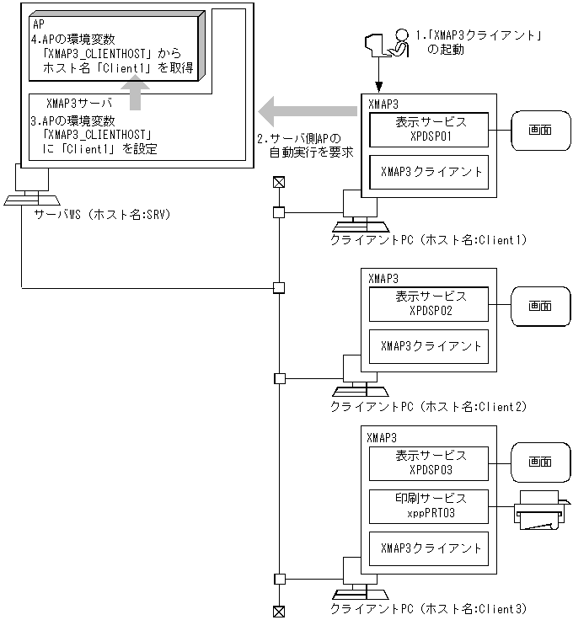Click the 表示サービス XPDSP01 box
click(x=430, y=128)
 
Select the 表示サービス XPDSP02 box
click(x=430, y=303)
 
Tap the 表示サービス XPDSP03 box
click(x=430, y=462)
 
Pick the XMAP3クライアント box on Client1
click(x=430, y=171)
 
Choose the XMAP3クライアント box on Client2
click(x=430, y=345)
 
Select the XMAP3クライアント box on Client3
click(x=430, y=548)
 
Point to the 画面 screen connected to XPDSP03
click(x=539, y=462)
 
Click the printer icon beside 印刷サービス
click(x=538, y=510)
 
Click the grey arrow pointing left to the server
click(x=307, y=108)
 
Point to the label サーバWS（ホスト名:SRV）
click(x=101, y=215)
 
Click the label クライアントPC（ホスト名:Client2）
click(x=429, y=407)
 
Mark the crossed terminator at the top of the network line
click(x=278, y=181)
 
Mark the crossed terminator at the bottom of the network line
click(x=278, y=611)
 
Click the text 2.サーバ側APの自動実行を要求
click(x=304, y=145)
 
